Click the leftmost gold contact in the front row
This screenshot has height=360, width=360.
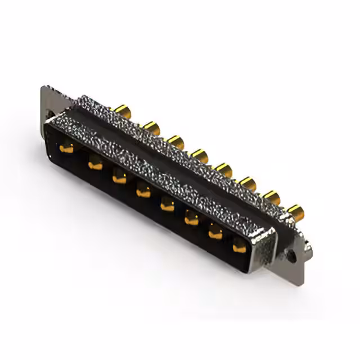pyautogui.click(x=67, y=148)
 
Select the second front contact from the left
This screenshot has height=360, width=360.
pyautogui.click(x=94, y=165)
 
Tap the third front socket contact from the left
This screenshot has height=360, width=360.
pyautogui.click(x=119, y=179)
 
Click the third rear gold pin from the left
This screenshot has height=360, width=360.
pyautogui.click(x=175, y=141)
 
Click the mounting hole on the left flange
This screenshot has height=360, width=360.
pyautogui.click(x=51, y=114)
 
